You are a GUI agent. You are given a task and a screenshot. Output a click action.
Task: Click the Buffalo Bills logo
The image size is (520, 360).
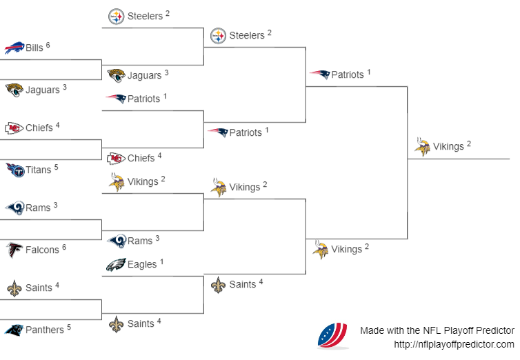[14, 48]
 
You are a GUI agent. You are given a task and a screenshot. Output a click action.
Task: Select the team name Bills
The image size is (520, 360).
[34, 48]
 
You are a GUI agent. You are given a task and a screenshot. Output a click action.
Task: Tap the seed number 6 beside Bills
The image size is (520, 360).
[48, 45]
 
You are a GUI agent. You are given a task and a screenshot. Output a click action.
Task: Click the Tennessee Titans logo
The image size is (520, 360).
[14, 170]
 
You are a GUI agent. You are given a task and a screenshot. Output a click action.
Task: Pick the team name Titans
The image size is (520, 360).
[39, 170]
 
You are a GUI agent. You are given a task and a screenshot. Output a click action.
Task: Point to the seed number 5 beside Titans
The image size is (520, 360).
[57, 166]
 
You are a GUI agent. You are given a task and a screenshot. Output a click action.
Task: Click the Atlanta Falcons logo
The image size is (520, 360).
[14, 250]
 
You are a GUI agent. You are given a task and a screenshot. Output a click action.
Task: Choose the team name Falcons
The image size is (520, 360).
[42, 250]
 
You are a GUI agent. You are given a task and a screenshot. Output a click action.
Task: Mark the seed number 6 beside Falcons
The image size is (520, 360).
[64, 246]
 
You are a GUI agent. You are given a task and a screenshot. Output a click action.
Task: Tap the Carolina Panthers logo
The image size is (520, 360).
[14, 330]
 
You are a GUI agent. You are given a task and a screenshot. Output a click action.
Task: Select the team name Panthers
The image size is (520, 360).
[44, 330]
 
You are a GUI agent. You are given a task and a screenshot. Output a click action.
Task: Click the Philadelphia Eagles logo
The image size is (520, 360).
[116, 264]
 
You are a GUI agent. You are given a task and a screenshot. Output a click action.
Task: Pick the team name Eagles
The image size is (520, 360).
[142, 264]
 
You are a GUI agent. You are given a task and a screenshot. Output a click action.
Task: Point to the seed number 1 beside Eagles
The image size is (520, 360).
[162, 261]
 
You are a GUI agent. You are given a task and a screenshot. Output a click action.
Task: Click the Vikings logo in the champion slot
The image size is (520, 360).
[422, 146]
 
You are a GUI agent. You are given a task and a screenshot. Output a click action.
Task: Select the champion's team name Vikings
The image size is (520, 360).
[448, 146]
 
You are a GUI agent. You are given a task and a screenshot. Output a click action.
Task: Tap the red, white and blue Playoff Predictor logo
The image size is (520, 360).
[332, 336]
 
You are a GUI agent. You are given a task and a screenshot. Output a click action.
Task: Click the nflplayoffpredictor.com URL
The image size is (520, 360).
[454, 344]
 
